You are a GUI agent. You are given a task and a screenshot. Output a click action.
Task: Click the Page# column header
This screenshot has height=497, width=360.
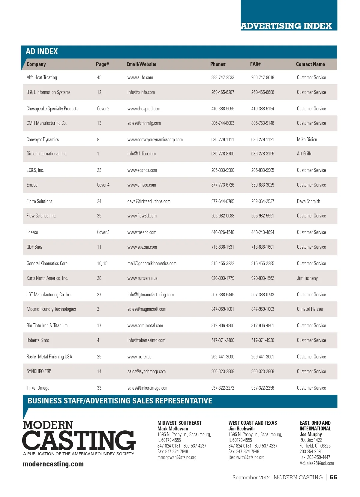pyautogui.click(x=102, y=64)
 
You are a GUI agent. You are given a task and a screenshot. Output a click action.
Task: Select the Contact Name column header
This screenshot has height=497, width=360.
pyautogui.click(x=310, y=64)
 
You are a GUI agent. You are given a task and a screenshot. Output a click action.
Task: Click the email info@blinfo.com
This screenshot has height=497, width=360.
pyautogui.click(x=141, y=92)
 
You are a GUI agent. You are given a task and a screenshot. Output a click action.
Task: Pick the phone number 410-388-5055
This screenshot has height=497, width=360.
pyautogui.click(x=223, y=109)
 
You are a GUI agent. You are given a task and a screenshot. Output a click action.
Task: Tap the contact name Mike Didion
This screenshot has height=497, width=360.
pyautogui.click(x=307, y=139)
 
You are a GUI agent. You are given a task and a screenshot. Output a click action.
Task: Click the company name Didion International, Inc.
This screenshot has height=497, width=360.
pyautogui.click(x=47, y=154)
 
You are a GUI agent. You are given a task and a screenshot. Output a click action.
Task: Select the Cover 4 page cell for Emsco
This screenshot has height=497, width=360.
pyautogui.click(x=103, y=185)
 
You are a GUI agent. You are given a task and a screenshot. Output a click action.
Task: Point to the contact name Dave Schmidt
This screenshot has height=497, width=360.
pyautogui.click(x=308, y=201)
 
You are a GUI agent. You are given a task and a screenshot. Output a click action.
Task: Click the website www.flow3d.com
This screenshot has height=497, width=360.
pyautogui.click(x=142, y=216)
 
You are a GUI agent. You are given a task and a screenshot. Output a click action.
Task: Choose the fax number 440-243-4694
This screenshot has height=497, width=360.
pyautogui.click(x=262, y=232)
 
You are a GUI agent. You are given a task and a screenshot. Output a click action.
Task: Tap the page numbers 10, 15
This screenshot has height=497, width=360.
pyautogui.click(x=102, y=263)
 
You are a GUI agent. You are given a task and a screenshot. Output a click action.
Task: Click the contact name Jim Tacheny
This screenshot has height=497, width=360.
pyautogui.click(x=307, y=278)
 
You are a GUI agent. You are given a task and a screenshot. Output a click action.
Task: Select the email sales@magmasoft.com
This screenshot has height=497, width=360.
pyautogui.click(x=147, y=309)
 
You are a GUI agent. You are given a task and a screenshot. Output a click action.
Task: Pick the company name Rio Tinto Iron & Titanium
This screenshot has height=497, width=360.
pyautogui.click(x=47, y=325)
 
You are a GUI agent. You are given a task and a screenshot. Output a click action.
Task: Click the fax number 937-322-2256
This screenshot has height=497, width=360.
pyautogui.click(x=262, y=388)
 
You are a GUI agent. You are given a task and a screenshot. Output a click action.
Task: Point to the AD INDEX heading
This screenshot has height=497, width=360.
pyautogui.click(x=42, y=51)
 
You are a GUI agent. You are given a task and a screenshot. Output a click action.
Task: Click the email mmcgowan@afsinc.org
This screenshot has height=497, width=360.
pyautogui.click(x=177, y=457)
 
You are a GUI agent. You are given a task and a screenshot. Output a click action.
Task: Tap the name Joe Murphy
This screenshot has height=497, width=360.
pyautogui.click(x=310, y=434)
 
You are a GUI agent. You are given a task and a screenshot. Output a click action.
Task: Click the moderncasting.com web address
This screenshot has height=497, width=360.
pyautogui.click(x=53, y=464)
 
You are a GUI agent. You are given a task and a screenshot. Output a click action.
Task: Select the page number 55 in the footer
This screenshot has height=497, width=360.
pyautogui.click(x=333, y=478)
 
